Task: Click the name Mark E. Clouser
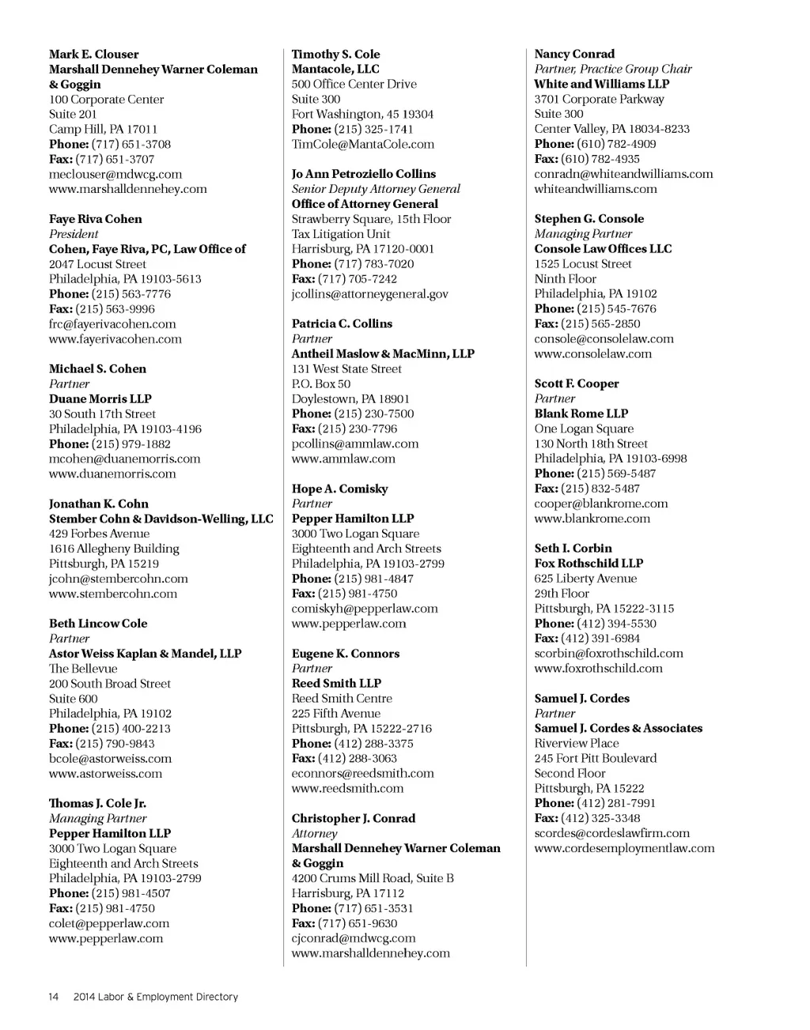coord(93,55)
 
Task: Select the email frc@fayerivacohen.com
coord(112,324)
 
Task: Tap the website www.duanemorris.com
coord(112,474)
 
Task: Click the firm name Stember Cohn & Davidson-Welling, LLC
coord(161,519)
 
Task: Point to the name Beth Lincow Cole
coord(98,624)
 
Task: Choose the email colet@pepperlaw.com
coord(109,924)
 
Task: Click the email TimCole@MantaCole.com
coord(363,145)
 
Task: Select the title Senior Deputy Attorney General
coord(376,189)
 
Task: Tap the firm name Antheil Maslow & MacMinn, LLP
coord(383,354)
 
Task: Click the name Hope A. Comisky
coord(340,489)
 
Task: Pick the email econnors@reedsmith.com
coord(363,774)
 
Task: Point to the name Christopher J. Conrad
coord(354,819)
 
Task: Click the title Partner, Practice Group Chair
coord(613,70)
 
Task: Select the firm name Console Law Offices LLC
coord(603,249)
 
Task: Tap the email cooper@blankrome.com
coord(601,504)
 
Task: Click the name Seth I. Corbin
coord(573,549)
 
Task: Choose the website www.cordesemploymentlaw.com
coord(624,849)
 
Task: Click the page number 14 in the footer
coord(54,998)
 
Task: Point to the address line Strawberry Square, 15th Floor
coord(372,219)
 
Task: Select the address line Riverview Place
coord(577,744)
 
